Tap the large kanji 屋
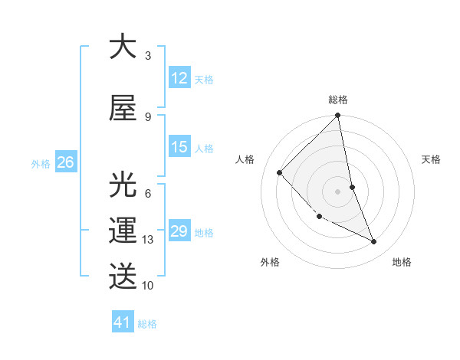123,108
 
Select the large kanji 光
123,185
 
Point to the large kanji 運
123,231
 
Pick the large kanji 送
123,274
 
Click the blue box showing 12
179,78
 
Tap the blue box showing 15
179,147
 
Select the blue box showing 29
179,231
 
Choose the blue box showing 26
66,162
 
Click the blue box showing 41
123,322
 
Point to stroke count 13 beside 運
148,240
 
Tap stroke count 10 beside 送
148,285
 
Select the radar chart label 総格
338,100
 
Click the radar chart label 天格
431,159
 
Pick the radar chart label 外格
270,262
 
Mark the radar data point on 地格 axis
374,241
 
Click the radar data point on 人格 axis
280,172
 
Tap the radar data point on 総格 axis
338,116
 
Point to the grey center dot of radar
338,191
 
